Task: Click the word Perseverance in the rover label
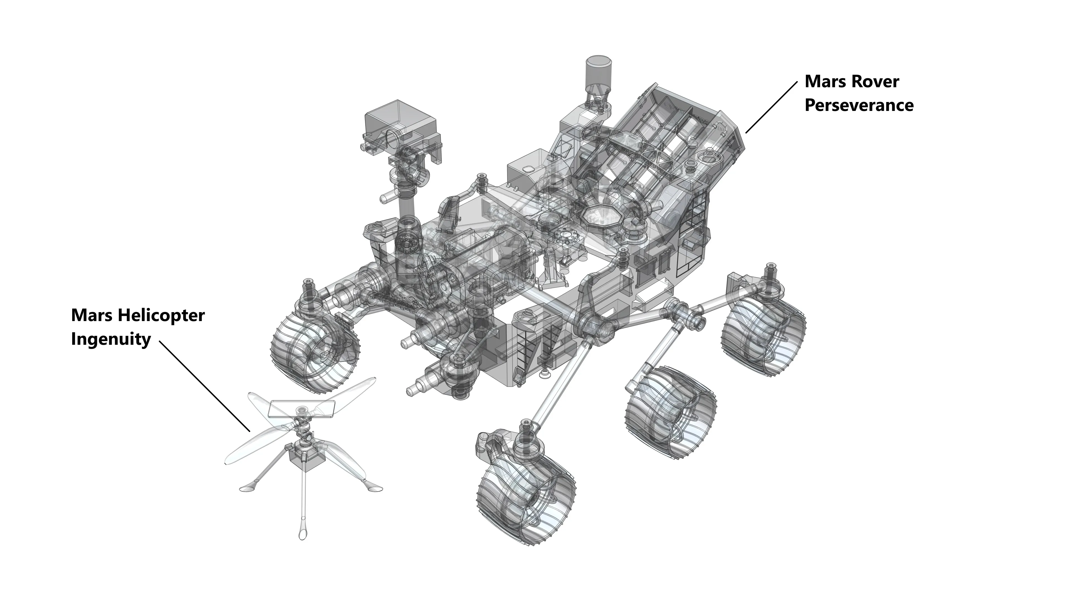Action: pyautogui.click(x=859, y=105)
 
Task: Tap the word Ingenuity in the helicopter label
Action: pyautogui.click(x=111, y=339)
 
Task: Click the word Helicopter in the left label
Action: pyautogui.click(x=161, y=315)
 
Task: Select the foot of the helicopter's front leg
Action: pyautogui.click(x=302, y=532)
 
